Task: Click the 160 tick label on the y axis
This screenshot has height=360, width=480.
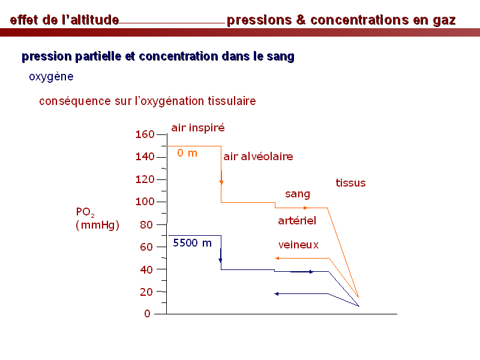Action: [x=145, y=134]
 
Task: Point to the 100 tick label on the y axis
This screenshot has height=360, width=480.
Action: [x=145, y=202]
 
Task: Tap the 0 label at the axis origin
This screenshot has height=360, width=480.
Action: [x=147, y=313]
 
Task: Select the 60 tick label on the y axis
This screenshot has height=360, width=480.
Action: [x=146, y=247]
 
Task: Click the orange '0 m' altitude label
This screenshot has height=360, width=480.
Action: [x=187, y=153]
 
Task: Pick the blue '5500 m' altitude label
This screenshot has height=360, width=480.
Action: [x=192, y=243]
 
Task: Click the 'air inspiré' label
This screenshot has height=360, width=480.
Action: [x=198, y=128]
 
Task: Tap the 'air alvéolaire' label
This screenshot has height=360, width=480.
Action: [x=258, y=157]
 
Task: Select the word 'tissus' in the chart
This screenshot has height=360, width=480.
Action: [x=350, y=183]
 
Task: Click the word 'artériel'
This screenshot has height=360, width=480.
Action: [x=297, y=220]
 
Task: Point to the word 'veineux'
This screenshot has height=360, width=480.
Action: [x=298, y=245]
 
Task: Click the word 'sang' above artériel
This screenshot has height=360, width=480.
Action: [x=298, y=194]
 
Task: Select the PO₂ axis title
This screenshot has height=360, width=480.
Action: [x=85, y=212]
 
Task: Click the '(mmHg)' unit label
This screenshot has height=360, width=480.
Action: [x=97, y=225]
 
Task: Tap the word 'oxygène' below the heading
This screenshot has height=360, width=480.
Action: [x=51, y=77]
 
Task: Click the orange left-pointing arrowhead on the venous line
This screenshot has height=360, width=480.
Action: [x=277, y=259]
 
